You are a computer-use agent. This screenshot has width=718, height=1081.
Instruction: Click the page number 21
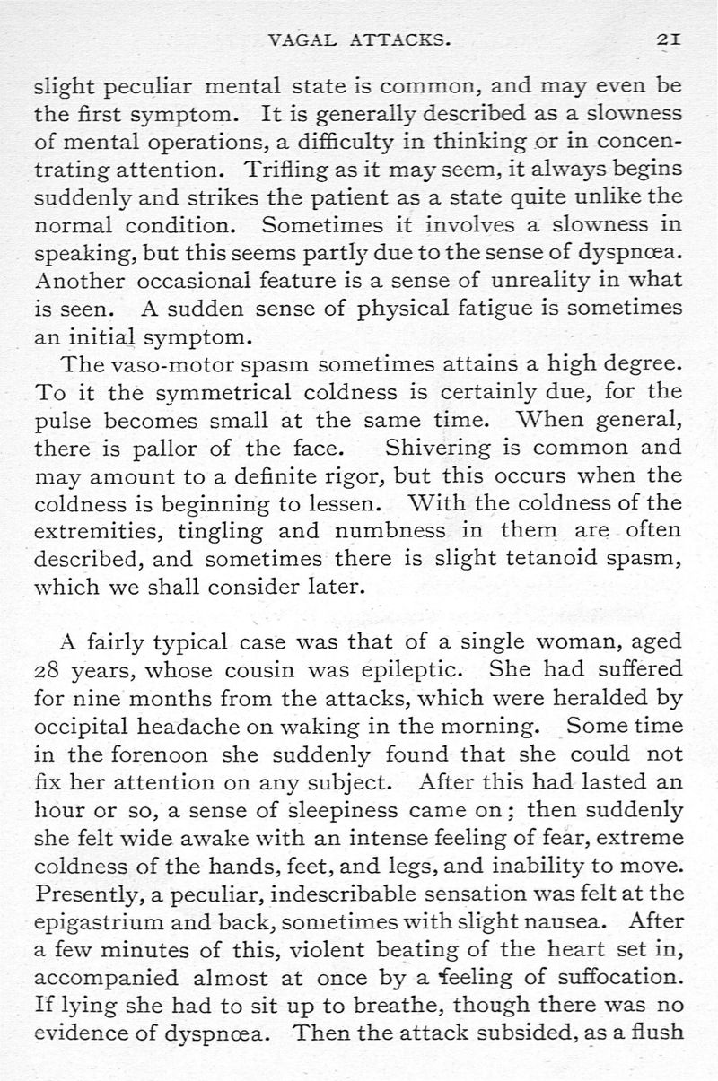click(670, 39)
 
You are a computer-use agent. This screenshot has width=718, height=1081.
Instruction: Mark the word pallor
click(168, 446)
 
